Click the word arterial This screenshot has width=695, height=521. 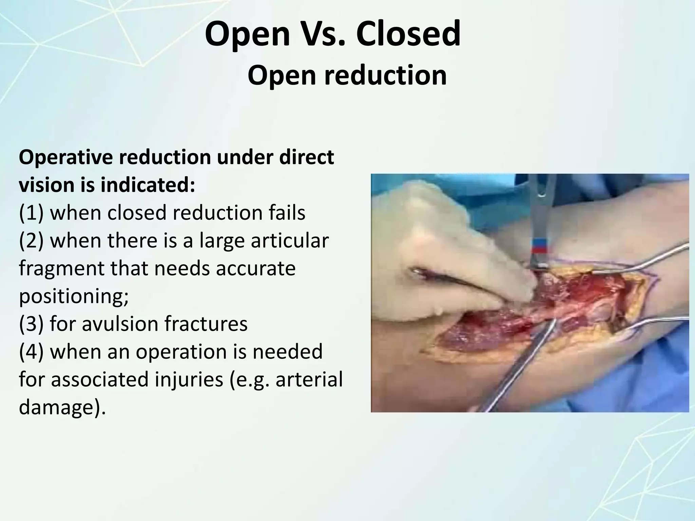(x=309, y=379)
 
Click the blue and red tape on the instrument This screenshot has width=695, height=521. (x=539, y=246)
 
